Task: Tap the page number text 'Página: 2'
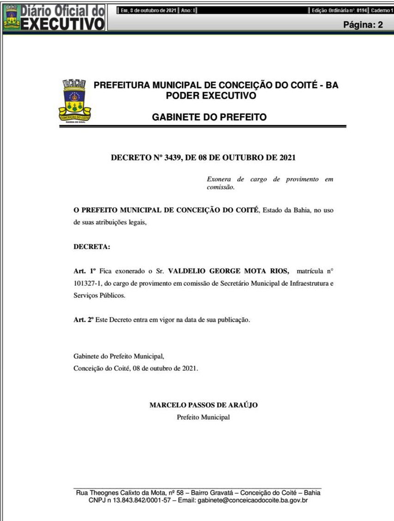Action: tap(363, 25)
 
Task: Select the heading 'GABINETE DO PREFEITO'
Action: tap(209, 117)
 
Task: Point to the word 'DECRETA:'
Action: tap(92, 246)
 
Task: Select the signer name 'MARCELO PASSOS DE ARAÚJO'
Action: tap(203, 405)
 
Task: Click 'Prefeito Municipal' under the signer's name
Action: tap(203, 417)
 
